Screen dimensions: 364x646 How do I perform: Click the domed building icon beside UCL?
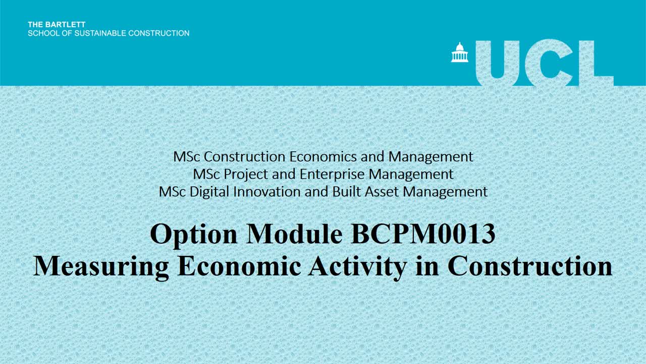click(459, 53)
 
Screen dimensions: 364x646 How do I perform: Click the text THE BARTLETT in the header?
click(57, 24)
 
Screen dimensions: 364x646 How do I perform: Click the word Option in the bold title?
click(193, 234)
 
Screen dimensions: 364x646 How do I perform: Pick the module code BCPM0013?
click(422, 234)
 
